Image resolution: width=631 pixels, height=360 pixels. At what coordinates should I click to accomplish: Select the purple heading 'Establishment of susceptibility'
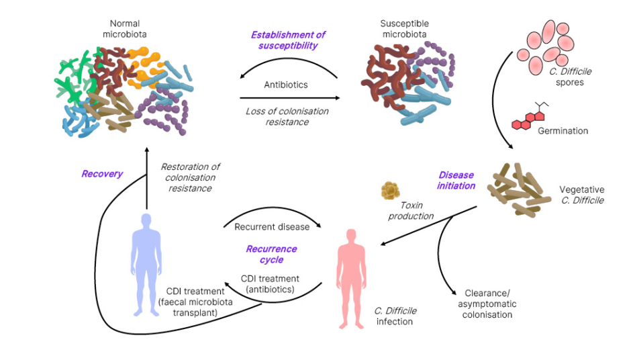click(x=288, y=40)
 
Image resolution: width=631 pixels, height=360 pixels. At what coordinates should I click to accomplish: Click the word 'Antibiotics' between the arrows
click(x=286, y=85)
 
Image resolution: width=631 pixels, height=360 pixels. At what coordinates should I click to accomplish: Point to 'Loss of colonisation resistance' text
click(x=285, y=116)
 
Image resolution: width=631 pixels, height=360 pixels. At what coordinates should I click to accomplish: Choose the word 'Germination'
click(x=563, y=130)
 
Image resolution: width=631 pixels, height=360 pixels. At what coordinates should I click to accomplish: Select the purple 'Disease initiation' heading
click(x=456, y=180)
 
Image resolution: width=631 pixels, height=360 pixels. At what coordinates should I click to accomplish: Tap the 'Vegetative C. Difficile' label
click(x=581, y=195)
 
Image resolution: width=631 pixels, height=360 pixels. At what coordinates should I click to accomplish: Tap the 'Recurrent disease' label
click(x=272, y=226)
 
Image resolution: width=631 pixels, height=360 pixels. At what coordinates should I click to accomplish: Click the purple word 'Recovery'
click(x=102, y=174)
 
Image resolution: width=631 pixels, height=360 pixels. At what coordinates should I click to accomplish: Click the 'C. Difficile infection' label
click(x=395, y=316)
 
